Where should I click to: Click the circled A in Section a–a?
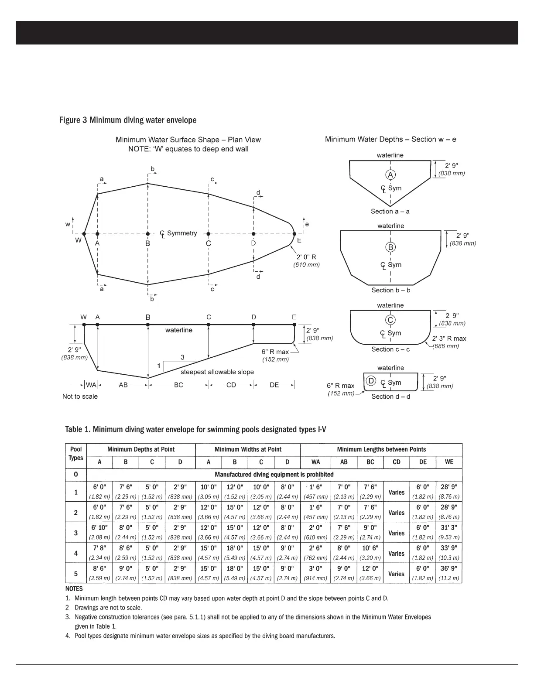pos(390,174)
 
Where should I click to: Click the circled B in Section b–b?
pos(390,247)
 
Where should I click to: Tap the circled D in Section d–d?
pos(371,381)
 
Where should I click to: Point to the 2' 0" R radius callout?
pos(306,257)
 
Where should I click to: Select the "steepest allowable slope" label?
pos(217,372)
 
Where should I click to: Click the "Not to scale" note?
pos(80,397)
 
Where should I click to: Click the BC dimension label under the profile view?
pos(178,385)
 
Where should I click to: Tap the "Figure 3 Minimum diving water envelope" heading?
pos(128,120)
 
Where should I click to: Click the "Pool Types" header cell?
pos(76,454)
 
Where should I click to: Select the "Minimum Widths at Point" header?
pos(248,449)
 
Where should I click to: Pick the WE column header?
pos(449,462)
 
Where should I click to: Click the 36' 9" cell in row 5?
pos(449,568)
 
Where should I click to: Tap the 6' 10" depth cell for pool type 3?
pos(99,527)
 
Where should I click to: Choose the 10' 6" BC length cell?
pos(370,548)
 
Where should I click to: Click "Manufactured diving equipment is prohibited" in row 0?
pos(274,475)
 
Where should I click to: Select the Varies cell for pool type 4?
pos(397,554)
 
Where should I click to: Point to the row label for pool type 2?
pos(76,513)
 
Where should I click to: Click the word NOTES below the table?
pos(74,588)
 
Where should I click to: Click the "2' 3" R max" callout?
pos(449,339)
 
